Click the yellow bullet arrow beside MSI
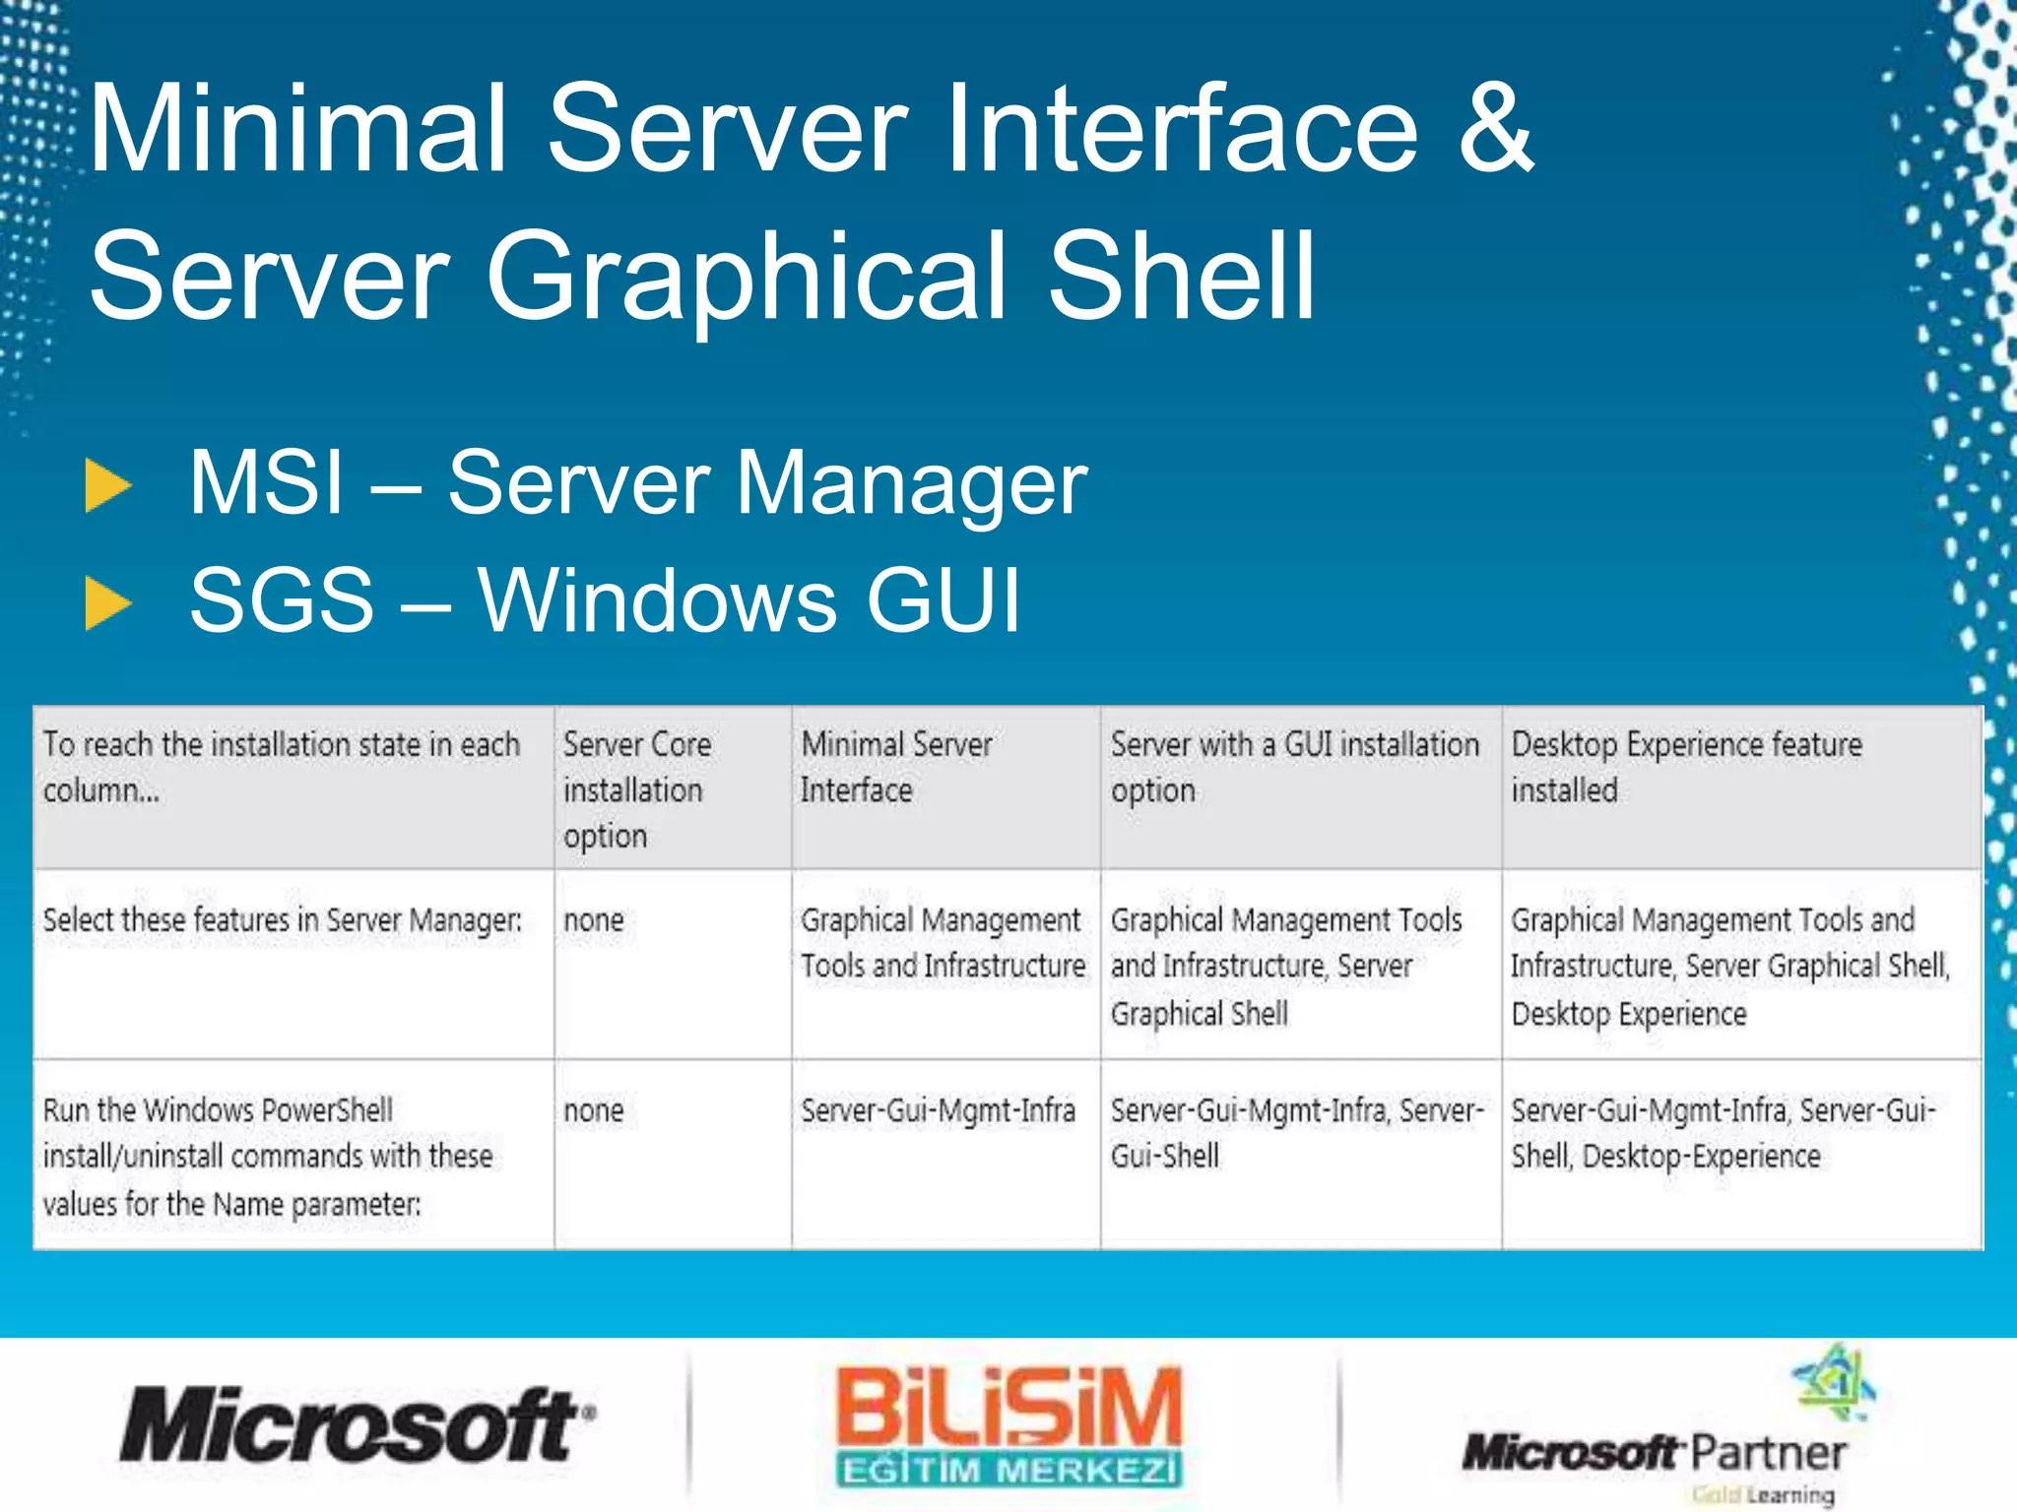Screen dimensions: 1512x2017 tap(108, 485)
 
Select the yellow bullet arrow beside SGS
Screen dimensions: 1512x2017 tap(108, 602)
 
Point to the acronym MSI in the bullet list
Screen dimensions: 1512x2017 tap(266, 482)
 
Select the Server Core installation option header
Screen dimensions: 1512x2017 tap(636, 789)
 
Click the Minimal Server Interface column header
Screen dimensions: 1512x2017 tap(896, 767)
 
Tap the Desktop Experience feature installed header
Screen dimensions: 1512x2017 tap(1686, 767)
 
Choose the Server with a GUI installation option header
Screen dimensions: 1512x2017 tap(1294, 767)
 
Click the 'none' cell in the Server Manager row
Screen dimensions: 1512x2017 tap(594, 920)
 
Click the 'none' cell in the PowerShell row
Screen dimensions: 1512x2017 tap(594, 1110)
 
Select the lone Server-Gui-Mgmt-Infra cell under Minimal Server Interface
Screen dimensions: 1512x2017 tap(938, 1110)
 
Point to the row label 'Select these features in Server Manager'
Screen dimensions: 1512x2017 tap(282, 920)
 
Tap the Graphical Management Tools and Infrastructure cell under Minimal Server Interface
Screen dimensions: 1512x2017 tap(943, 942)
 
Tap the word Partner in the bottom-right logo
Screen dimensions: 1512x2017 tap(1768, 1453)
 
